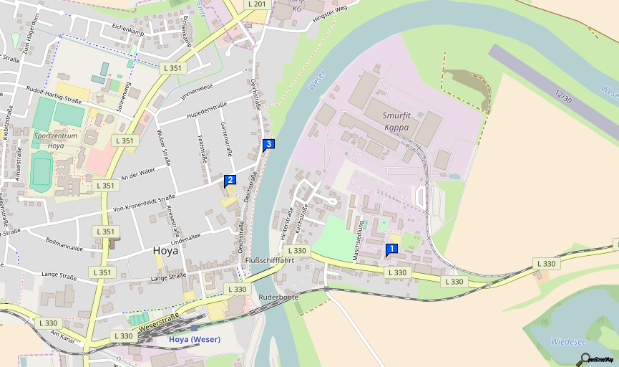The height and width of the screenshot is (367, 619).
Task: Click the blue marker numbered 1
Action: point(391,249)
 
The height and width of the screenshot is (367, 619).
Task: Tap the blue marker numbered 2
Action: point(230,181)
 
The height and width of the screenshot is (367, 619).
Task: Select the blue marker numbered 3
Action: point(268,145)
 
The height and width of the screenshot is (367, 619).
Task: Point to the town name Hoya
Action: point(165,251)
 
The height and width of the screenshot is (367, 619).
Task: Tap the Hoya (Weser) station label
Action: point(195,339)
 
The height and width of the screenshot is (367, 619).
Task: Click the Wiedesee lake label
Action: point(568,342)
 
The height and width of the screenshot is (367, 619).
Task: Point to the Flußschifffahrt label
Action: point(270,260)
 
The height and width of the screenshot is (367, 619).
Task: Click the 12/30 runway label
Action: point(562,95)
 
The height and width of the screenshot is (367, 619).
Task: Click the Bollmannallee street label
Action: point(64,244)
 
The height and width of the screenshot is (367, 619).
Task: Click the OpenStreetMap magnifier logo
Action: point(586,358)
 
